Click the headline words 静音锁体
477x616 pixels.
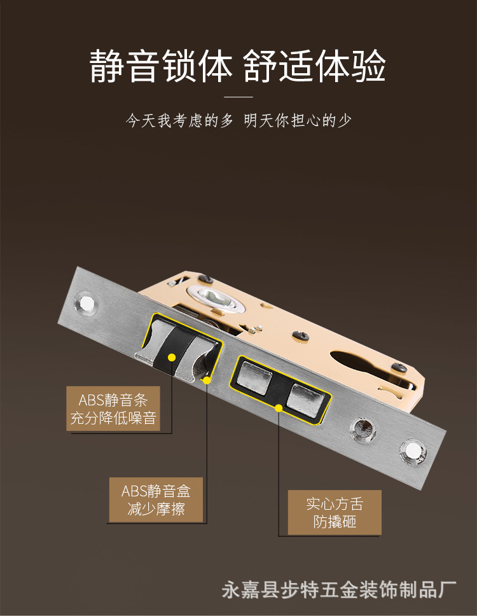pyautogui.click(x=162, y=66)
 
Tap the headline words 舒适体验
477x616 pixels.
pyautogui.click(x=314, y=66)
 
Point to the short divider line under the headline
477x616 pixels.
pyautogui.click(x=238, y=97)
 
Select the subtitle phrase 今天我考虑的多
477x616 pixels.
pyautogui.click(x=179, y=121)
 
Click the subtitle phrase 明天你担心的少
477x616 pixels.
pyautogui.click(x=297, y=121)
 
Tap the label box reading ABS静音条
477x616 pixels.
pyautogui.click(x=113, y=409)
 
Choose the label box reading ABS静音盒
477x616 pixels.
pyautogui.click(x=156, y=500)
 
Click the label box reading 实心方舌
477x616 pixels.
pyautogui.click(x=335, y=512)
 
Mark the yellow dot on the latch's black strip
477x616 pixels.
pyautogui.click(x=172, y=357)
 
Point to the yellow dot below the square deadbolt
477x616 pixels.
pyautogui.click(x=279, y=408)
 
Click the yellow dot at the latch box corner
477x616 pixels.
pyautogui.click(x=207, y=380)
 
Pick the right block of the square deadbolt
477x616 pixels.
pyautogui.click(x=305, y=400)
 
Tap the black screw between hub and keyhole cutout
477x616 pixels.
pyautogui.click(x=301, y=335)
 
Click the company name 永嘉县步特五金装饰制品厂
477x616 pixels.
pyautogui.click(x=339, y=590)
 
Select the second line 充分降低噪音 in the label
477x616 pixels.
pyautogui.click(x=113, y=417)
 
